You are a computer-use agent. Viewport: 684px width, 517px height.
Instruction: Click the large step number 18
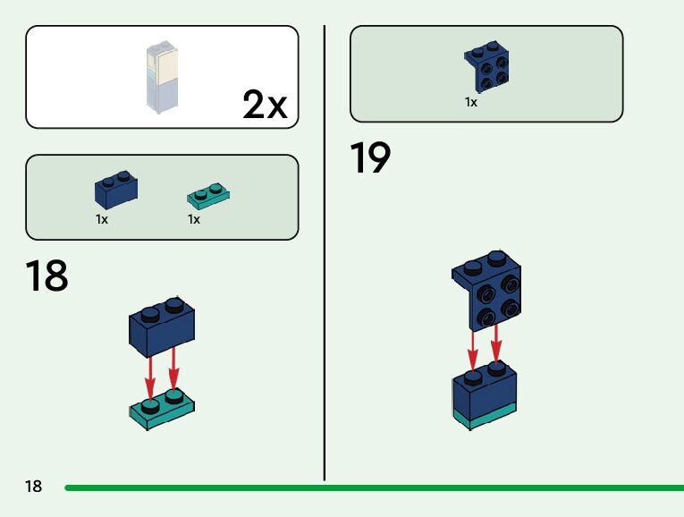[46, 276]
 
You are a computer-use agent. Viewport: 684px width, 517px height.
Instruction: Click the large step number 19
[370, 159]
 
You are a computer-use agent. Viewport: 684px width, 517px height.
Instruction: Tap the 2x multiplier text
[265, 106]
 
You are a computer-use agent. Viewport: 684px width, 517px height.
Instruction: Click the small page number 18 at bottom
[33, 487]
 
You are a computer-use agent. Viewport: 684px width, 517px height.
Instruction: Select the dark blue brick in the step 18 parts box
[115, 191]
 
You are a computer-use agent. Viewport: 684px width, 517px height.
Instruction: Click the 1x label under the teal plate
[194, 219]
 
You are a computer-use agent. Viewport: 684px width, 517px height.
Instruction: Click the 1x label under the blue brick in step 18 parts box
[102, 219]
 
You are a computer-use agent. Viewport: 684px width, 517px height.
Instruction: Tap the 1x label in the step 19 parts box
[471, 102]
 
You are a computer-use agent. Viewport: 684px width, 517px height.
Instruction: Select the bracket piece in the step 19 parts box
[488, 67]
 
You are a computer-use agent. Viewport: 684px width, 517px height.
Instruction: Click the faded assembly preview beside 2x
[164, 77]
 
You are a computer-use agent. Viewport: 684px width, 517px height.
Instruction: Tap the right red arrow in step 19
[496, 344]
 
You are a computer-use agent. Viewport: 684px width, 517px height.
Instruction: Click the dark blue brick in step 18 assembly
[163, 322]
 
